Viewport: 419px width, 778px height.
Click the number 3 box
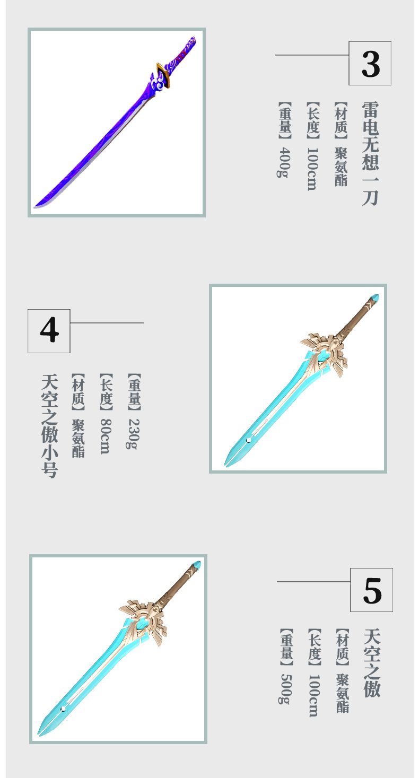(x=370, y=63)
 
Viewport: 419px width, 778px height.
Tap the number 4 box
(x=49, y=331)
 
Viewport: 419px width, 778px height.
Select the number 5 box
(x=371, y=590)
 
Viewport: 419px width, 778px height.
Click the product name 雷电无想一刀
(x=370, y=153)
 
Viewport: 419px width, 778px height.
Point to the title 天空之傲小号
(x=49, y=426)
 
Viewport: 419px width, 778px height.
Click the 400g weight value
(x=285, y=162)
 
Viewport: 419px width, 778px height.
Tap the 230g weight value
(x=134, y=434)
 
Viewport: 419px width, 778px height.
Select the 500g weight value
(x=286, y=689)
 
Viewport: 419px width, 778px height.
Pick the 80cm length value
(x=106, y=436)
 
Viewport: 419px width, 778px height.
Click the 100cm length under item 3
(x=313, y=169)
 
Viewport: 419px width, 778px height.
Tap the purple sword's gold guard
(x=164, y=75)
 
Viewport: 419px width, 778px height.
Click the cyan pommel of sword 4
(x=374, y=298)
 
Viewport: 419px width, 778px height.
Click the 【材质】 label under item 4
(x=78, y=392)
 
